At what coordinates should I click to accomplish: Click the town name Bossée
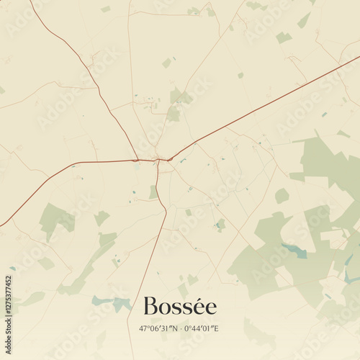coord(180,307)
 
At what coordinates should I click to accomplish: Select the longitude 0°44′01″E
coord(203,329)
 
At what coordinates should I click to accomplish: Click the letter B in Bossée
coord(150,307)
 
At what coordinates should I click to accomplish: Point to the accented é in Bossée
coord(209,307)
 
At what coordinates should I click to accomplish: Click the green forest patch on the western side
coord(56,217)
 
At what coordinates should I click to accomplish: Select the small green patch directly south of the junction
coord(153,192)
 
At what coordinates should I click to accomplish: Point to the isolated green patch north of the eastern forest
coord(282,195)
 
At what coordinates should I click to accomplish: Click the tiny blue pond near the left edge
coord(12,269)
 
